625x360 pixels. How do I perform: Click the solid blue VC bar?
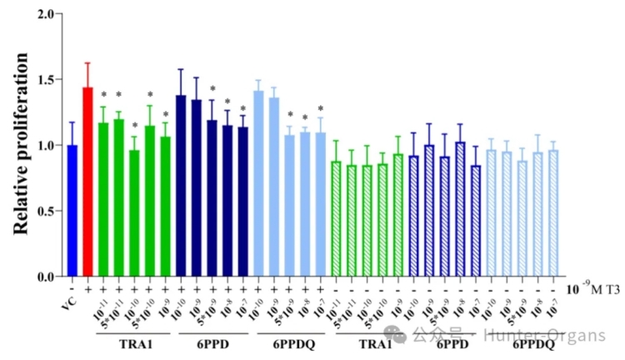[x=72, y=211]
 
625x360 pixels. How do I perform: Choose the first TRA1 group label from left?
[x=134, y=343]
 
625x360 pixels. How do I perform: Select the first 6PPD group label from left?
[x=212, y=343]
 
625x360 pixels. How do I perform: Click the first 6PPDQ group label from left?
[x=290, y=343]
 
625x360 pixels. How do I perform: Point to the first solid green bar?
[x=103, y=200]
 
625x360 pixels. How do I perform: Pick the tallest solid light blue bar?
[x=258, y=184]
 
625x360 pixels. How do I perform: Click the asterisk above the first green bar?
[x=103, y=95]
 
